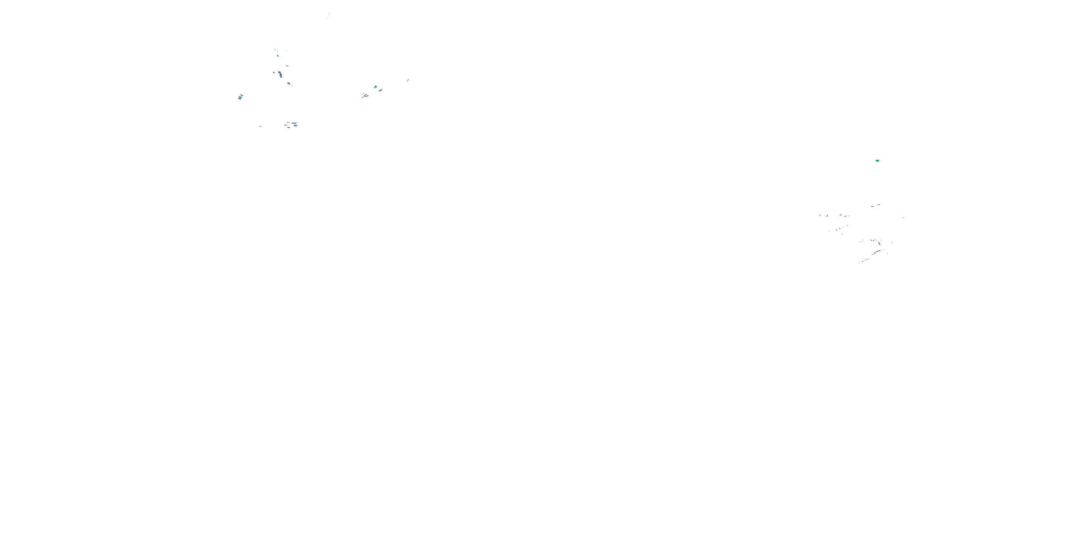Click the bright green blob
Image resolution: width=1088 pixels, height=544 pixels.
point(877,161)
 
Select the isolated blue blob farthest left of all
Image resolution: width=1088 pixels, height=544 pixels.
point(240,97)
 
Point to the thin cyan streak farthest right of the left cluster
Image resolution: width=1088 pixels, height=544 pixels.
point(408,80)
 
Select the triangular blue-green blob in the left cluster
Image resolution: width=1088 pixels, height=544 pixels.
point(375,87)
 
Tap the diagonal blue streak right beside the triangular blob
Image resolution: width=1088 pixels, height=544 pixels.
point(380,90)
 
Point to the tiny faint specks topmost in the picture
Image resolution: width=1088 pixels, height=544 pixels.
point(328,16)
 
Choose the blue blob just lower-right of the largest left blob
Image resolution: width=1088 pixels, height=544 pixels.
point(289,84)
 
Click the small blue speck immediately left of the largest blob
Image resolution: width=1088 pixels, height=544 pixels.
point(274,73)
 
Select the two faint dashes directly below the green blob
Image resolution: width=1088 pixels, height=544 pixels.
point(875,206)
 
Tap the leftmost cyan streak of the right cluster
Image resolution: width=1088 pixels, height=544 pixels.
point(820,215)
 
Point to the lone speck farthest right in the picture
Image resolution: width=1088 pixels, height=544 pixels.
point(903,218)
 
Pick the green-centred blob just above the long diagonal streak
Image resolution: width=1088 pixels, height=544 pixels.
point(880,244)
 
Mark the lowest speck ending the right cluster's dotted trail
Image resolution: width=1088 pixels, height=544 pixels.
point(860,262)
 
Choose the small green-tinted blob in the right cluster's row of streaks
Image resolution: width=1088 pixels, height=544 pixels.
point(841,215)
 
